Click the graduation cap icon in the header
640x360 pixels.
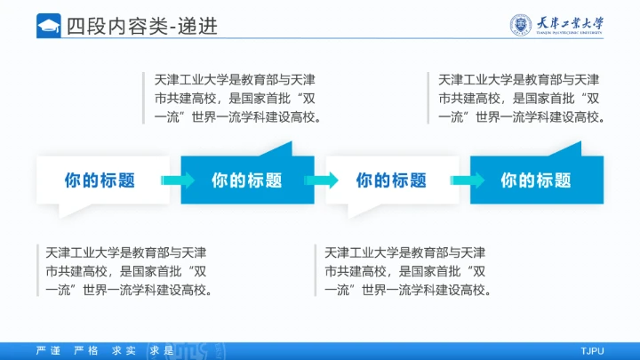click(48, 26)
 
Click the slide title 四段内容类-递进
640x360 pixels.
click(141, 26)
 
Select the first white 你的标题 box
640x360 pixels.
click(100, 180)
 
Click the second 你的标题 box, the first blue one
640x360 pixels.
click(247, 180)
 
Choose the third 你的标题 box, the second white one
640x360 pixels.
click(392, 180)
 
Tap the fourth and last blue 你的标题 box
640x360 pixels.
click(536, 180)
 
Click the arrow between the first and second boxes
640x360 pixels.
click(177, 180)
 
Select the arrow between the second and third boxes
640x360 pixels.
click(322, 180)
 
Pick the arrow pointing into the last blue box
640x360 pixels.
click(466, 180)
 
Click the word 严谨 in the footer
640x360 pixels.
click(48, 350)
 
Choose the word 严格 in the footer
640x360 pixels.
click(86, 350)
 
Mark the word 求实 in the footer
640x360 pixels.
click(124, 350)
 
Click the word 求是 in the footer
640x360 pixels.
click(161, 350)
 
